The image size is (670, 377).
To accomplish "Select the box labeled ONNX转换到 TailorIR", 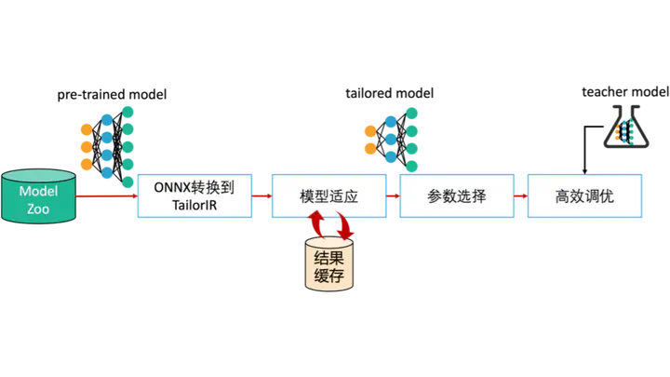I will point(194,195).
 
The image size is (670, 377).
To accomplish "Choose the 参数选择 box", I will point(457,196).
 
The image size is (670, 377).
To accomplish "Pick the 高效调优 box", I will point(583,196).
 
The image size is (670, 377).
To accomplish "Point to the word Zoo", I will point(38,209).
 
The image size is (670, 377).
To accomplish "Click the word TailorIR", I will point(194,206).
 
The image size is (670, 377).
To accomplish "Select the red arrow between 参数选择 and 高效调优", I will point(521,196).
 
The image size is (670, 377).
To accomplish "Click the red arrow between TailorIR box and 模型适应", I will point(261,196).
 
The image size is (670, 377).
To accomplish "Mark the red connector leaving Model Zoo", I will point(102,196).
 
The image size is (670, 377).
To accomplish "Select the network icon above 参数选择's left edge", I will point(395,136).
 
